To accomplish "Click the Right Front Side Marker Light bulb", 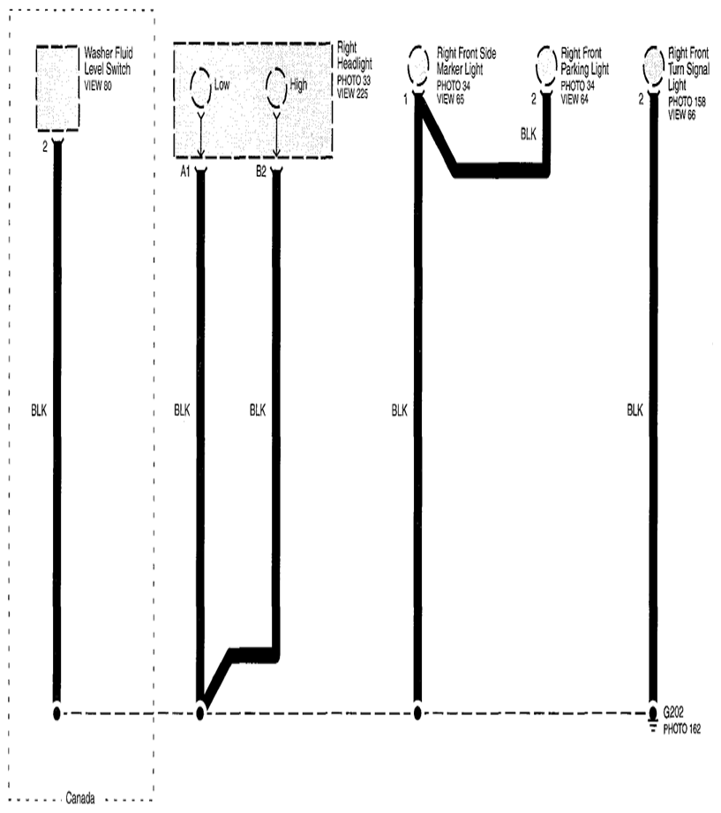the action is [409, 64].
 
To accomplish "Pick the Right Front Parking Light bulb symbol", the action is [537, 64].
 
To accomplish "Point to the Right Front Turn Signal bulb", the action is [643, 64].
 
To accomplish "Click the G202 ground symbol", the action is [653, 719].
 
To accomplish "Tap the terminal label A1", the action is [185, 171].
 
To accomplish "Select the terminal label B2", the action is [261, 171].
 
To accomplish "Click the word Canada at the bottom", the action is [80, 797].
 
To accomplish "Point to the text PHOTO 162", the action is [682, 729].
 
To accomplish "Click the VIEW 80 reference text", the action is [98, 86].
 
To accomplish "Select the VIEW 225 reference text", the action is [352, 94].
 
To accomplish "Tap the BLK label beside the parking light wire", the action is [529, 134].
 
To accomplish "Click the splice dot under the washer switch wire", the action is [57, 714].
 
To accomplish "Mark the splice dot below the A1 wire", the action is [200, 714].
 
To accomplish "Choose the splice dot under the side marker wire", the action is [417, 714].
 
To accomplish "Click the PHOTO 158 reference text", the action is [687, 102].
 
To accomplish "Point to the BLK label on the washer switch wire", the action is [39, 410].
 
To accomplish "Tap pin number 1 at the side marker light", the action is [405, 99].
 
